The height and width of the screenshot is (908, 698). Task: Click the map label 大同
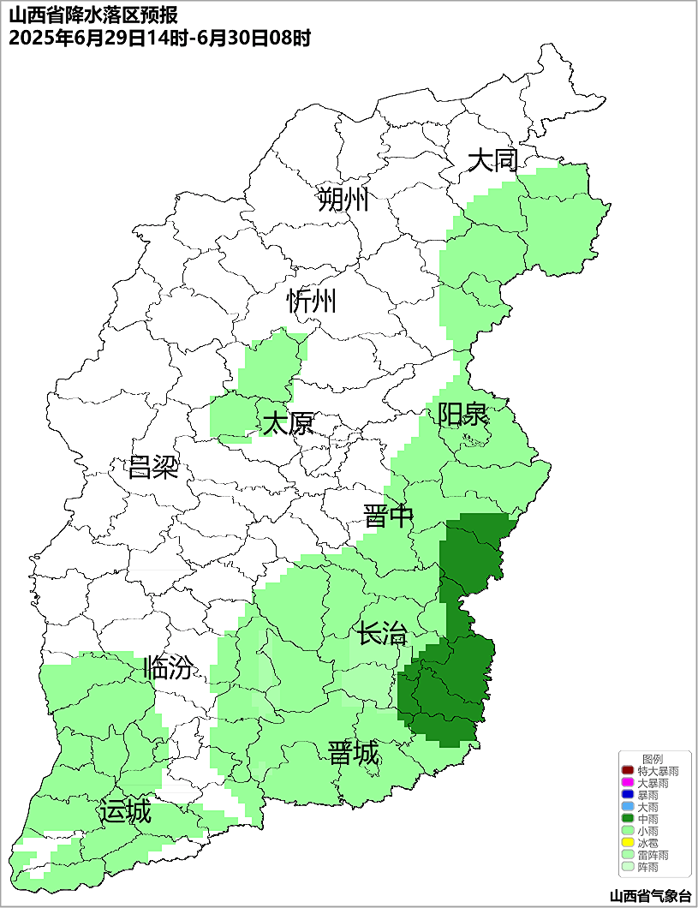[x=493, y=160]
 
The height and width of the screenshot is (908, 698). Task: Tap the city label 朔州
[x=343, y=200]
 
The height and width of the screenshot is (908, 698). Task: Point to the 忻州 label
[x=312, y=302]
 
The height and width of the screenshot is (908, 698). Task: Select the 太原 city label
[x=288, y=424]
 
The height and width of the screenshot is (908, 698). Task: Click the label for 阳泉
[x=462, y=415]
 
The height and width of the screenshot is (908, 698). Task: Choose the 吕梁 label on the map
[x=153, y=468]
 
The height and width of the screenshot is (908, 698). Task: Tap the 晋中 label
[x=388, y=517]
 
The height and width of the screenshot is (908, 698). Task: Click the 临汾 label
[x=168, y=668]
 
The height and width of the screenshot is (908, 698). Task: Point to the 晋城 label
[x=354, y=754]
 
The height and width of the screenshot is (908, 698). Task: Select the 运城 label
[x=125, y=811]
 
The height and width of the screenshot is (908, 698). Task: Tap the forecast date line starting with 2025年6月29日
[x=158, y=39]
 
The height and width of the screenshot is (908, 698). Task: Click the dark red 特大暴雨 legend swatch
[x=628, y=772]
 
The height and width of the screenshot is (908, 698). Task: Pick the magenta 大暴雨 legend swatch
[x=628, y=784]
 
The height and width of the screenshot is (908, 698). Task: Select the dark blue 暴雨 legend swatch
[x=628, y=796]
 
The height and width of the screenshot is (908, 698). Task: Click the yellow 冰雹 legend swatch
[x=628, y=844]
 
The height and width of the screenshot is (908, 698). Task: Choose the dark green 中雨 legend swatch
[x=628, y=820]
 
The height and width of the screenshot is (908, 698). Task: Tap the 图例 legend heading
[x=653, y=759]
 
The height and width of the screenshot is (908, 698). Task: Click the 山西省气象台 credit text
[x=650, y=896]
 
